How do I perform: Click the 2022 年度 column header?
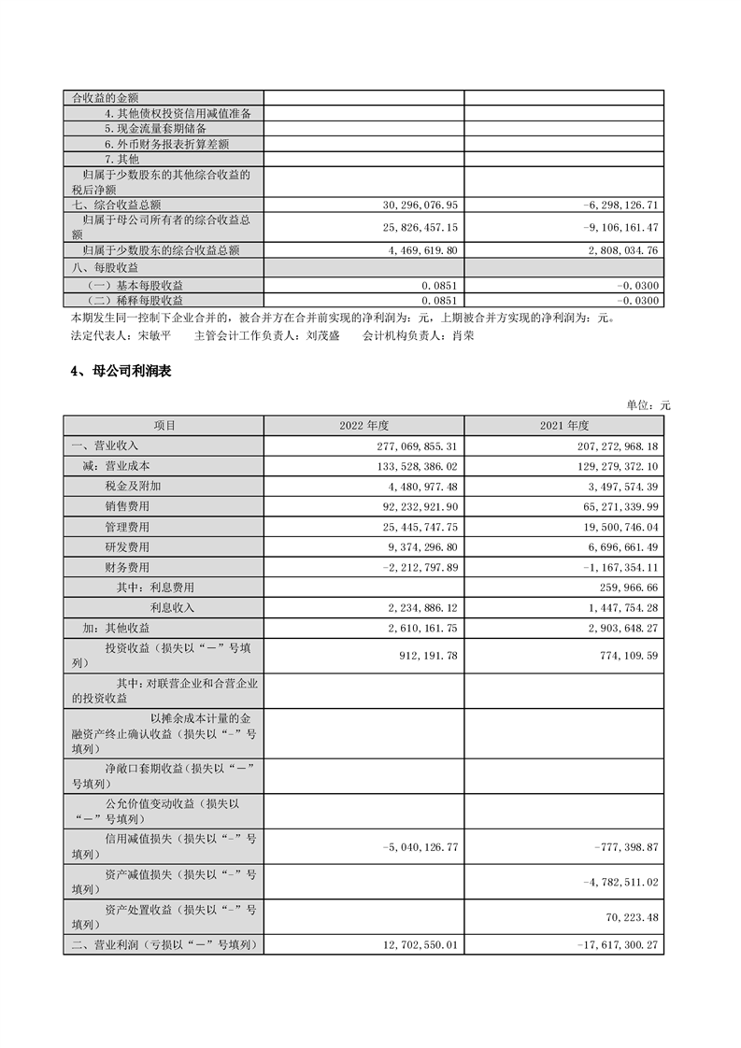[363, 426]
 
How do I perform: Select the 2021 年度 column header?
[563, 426]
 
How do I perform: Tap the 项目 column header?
[164, 426]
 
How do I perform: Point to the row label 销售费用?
[128, 506]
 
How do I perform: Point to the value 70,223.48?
[626, 916]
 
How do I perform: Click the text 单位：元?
[648, 405]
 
